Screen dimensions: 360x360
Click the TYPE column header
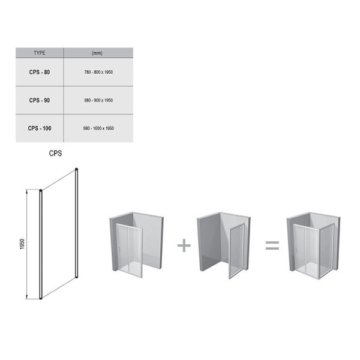[x=40, y=53]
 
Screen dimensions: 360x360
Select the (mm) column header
[x=97, y=53]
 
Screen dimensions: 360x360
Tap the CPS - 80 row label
[x=40, y=72]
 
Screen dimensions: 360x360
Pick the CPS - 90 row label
[x=40, y=100]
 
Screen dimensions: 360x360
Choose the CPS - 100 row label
[x=40, y=128]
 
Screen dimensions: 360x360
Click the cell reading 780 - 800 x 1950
[x=98, y=72]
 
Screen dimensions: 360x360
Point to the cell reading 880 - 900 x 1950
[x=98, y=100]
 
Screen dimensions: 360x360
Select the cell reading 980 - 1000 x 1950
[x=98, y=128]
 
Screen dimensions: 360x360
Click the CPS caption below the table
[x=55, y=153]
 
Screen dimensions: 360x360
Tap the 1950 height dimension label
[x=22, y=244]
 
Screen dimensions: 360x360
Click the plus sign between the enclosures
[x=184, y=245]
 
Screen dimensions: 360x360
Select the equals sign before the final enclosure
[x=272, y=245]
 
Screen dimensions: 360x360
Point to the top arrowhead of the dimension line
[x=27, y=191]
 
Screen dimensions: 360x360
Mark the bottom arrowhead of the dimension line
[x=27, y=297]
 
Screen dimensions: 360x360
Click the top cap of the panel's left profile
[x=41, y=190]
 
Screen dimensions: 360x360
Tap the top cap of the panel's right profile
[x=76, y=169]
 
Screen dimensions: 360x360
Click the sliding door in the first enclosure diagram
[x=129, y=250]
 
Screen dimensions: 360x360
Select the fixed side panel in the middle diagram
[x=236, y=251]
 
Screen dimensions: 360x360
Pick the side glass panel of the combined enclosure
[x=326, y=251]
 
